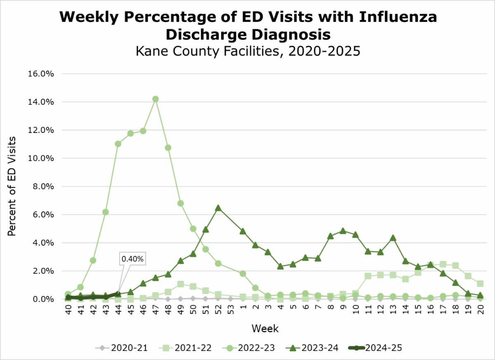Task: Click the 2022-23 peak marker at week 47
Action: [x=156, y=99]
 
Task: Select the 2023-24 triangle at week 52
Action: [x=218, y=208]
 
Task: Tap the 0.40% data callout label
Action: [x=132, y=259]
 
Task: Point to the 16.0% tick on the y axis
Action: [x=42, y=74]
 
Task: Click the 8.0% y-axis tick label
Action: [x=43, y=187]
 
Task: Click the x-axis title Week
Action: [x=265, y=329]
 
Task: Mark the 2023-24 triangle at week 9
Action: [x=343, y=231]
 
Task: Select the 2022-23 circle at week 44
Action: [x=118, y=144]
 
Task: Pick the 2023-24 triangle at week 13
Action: [x=393, y=238]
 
